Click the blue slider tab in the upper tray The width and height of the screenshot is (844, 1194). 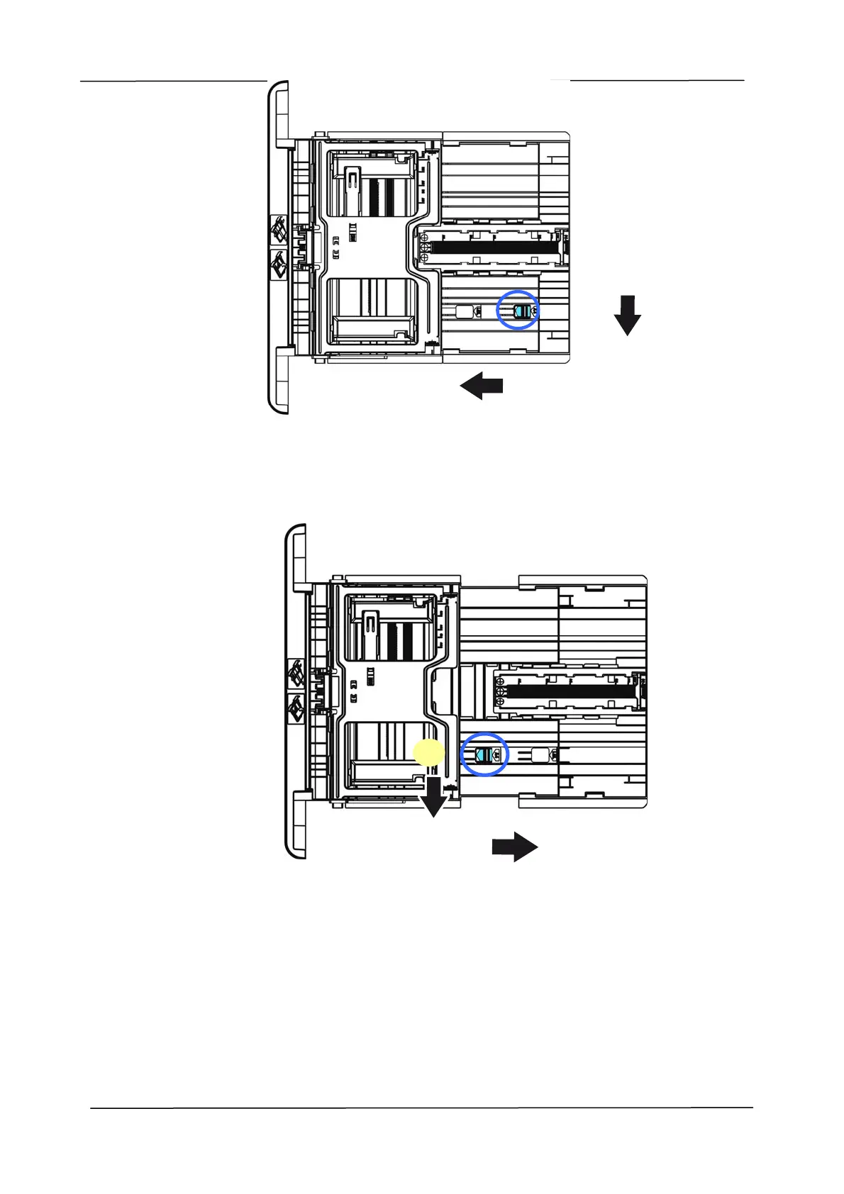point(523,311)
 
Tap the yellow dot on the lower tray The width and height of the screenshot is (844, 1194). point(429,752)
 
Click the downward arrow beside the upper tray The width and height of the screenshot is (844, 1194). point(627,316)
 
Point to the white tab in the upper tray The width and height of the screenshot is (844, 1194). point(464,311)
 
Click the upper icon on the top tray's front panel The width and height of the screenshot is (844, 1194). point(278,231)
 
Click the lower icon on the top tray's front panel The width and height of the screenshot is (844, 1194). point(278,267)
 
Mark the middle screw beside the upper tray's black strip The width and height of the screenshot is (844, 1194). point(425,248)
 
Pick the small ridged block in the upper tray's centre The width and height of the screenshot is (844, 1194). point(352,232)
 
